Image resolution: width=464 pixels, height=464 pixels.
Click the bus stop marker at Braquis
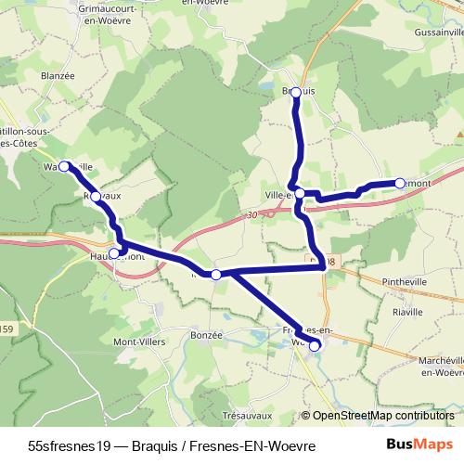(x=296, y=91)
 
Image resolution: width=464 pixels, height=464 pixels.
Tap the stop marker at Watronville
(x=65, y=166)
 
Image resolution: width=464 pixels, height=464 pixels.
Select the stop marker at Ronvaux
(x=96, y=197)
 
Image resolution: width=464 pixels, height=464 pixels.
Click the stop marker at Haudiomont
(x=114, y=252)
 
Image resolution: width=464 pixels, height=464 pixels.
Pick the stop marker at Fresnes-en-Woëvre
(x=315, y=346)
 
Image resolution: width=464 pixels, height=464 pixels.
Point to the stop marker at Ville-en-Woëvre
(x=300, y=194)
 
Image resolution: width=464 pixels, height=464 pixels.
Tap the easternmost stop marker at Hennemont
(x=400, y=183)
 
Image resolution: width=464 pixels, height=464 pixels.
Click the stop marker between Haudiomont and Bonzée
(x=216, y=274)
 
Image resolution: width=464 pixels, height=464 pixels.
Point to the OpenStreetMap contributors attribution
(x=382, y=417)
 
